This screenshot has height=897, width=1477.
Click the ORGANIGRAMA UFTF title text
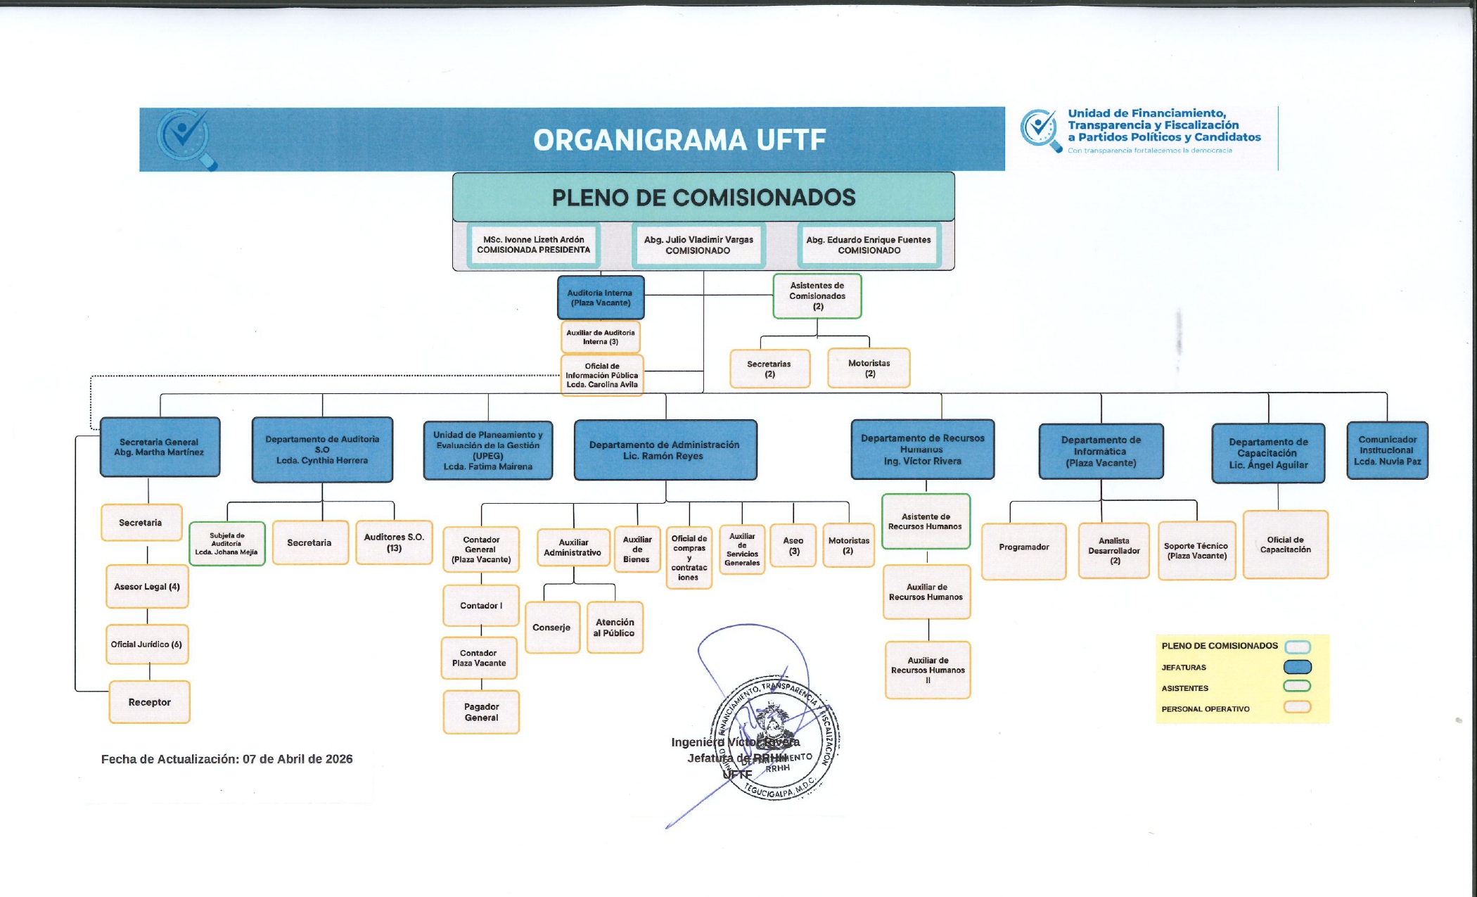coord(679,140)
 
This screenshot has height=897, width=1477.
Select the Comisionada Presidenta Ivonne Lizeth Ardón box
coord(533,245)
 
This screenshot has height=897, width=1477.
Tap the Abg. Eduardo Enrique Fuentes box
coord(869,245)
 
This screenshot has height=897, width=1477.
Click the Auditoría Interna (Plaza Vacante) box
coord(601,298)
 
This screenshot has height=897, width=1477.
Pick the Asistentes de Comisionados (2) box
coord(817,295)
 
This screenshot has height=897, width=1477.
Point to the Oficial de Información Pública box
coord(601,375)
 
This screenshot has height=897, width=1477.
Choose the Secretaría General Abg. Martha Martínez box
coord(160,447)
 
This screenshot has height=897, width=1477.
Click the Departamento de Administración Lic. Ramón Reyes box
coord(665,450)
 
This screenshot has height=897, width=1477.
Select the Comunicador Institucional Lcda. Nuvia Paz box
coord(1387,450)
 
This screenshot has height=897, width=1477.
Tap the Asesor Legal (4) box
coord(147,586)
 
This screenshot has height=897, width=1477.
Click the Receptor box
coord(149,702)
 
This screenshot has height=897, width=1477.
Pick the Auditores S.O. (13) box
coord(394,542)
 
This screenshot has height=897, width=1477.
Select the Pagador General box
coord(481,712)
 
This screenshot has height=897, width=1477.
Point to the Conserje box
coord(552,628)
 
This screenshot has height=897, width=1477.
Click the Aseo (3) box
coord(793,545)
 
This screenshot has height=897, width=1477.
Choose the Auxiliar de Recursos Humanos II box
coord(928,670)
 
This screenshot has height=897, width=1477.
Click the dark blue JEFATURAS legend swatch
coord(1297,667)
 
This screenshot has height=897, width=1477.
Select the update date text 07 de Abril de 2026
coord(298,759)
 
